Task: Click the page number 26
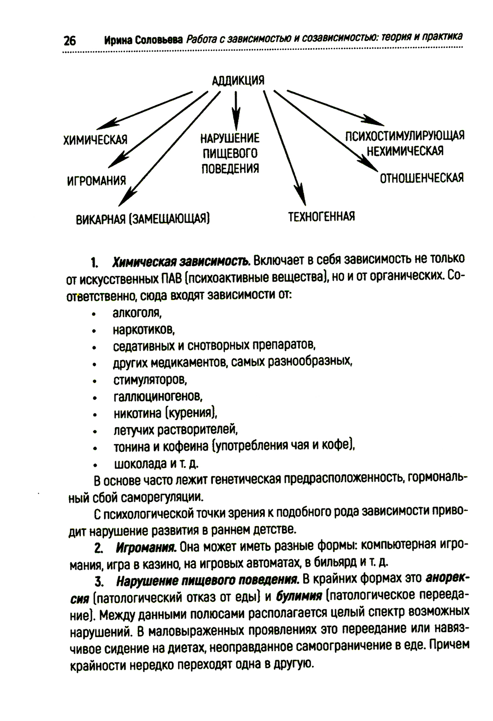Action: coord(70,40)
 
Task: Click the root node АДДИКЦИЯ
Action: coord(238,80)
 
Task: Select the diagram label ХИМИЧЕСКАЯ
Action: coord(96,140)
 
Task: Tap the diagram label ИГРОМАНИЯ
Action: coord(96,181)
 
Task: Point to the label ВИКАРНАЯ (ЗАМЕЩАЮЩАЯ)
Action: coord(143,219)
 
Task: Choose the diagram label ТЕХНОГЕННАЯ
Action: coord(321,216)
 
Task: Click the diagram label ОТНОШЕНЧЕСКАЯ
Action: coord(422,178)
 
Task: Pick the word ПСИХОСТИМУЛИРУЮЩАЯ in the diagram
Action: coord(404,136)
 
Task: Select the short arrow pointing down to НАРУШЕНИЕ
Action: coord(237,111)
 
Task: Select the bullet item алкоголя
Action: coord(137,312)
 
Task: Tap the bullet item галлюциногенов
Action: coord(158,396)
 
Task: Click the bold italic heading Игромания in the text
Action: coord(146,547)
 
